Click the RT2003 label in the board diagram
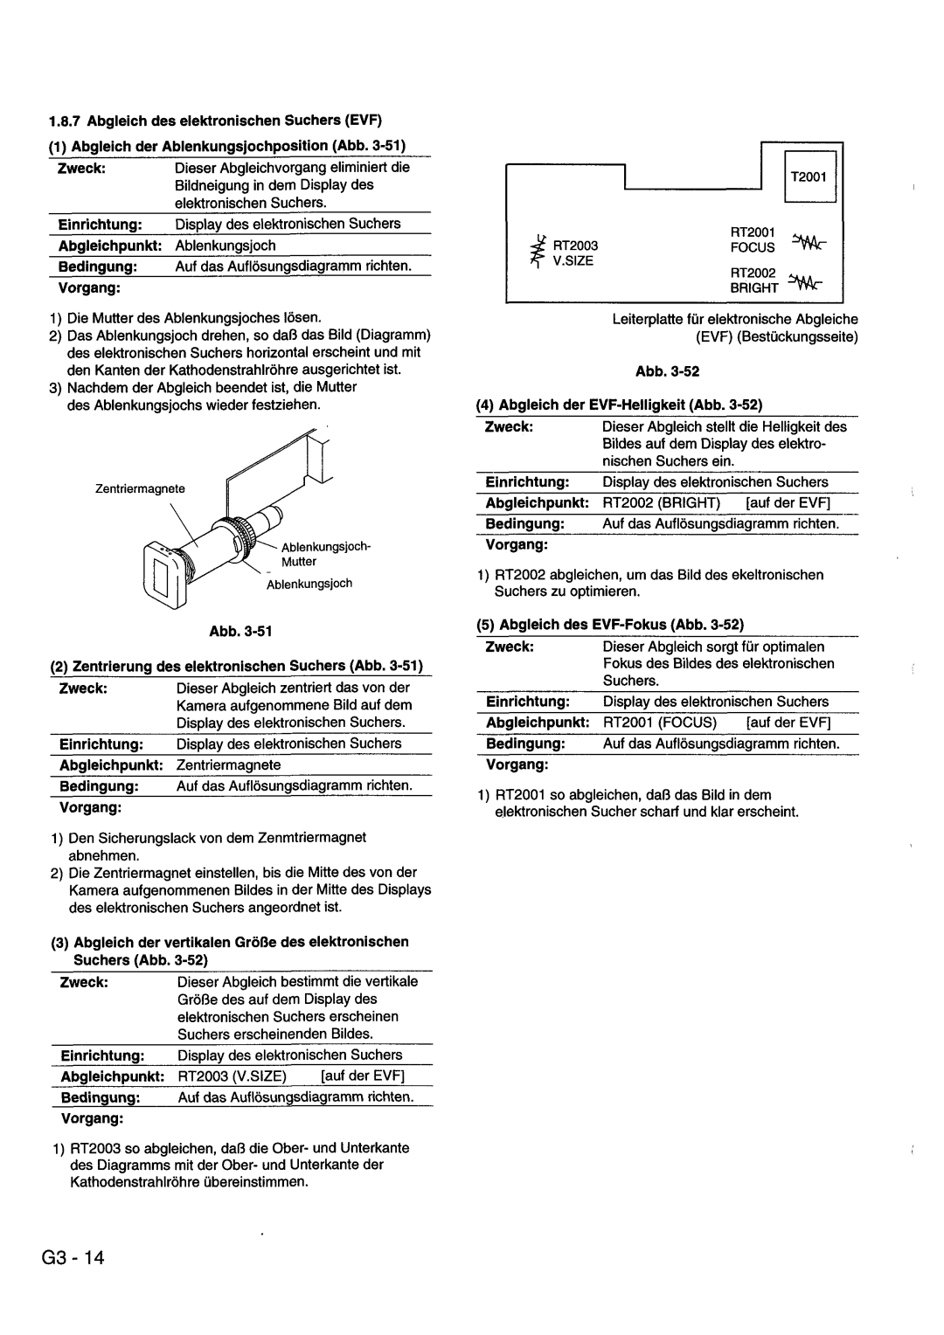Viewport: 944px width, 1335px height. click(x=573, y=246)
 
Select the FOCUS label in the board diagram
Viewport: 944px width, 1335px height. click(x=753, y=247)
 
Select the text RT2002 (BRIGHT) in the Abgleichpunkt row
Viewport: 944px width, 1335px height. click(x=661, y=503)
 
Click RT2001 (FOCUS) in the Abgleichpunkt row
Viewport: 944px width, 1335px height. click(x=659, y=723)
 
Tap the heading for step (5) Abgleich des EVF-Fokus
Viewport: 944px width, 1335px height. click(x=609, y=625)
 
